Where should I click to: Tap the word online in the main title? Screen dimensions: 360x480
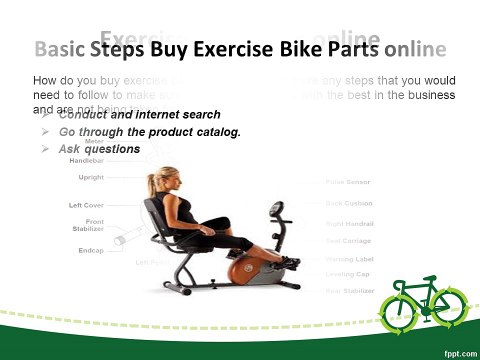click(414, 49)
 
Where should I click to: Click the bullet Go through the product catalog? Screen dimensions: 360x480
click(150, 132)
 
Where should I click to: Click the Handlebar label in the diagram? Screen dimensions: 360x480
click(85, 160)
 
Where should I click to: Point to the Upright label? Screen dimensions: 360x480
click(91, 177)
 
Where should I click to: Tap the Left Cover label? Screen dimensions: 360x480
click(84, 205)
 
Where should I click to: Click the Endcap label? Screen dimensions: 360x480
click(91, 250)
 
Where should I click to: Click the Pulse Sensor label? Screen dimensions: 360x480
click(349, 183)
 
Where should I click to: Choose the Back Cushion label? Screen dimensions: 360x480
click(349, 203)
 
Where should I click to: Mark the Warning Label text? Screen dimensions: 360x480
click(349, 258)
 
